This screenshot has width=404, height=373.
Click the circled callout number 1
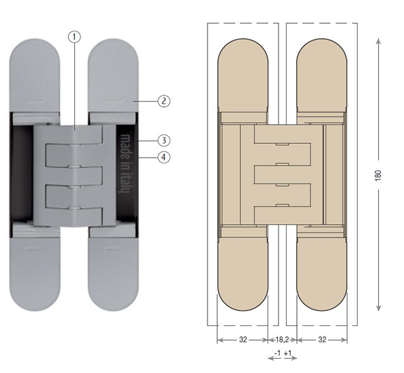pyautogui.click(x=76, y=36)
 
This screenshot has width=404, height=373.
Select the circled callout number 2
pyautogui.click(x=163, y=101)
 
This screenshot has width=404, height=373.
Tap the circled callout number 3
pyautogui.click(x=163, y=140)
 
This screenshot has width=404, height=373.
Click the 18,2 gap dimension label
pyautogui.click(x=282, y=339)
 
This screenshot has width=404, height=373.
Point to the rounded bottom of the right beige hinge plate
pyautogui.click(x=323, y=286)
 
